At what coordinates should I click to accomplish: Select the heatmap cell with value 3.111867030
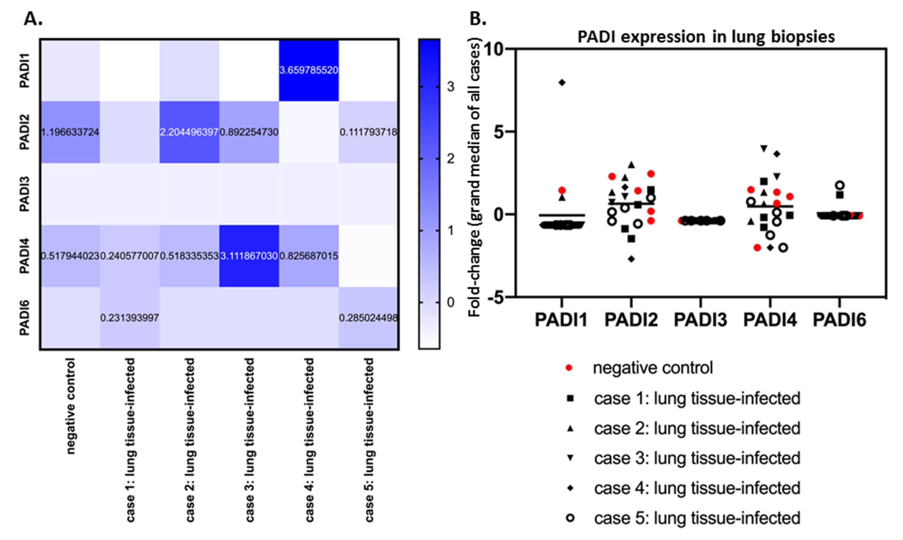click(x=249, y=256)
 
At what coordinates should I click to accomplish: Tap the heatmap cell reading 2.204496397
click(x=189, y=132)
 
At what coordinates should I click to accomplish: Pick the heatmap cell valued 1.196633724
click(x=70, y=132)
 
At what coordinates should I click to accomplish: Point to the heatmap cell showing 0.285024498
click(x=368, y=318)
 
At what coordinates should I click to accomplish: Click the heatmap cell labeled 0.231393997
click(x=130, y=318)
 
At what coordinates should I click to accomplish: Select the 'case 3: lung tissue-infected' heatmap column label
click(x=249, y=440)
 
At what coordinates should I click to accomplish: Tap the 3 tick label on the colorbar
click(x=451, y=87)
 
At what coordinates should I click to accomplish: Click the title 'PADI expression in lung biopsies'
click(x=706, y=37)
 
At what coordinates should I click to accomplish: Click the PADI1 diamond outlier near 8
click(x=562, y=83)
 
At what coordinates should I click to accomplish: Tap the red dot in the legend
click(x=569, y=368)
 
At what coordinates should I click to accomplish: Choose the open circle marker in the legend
click(x=570, y=518)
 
